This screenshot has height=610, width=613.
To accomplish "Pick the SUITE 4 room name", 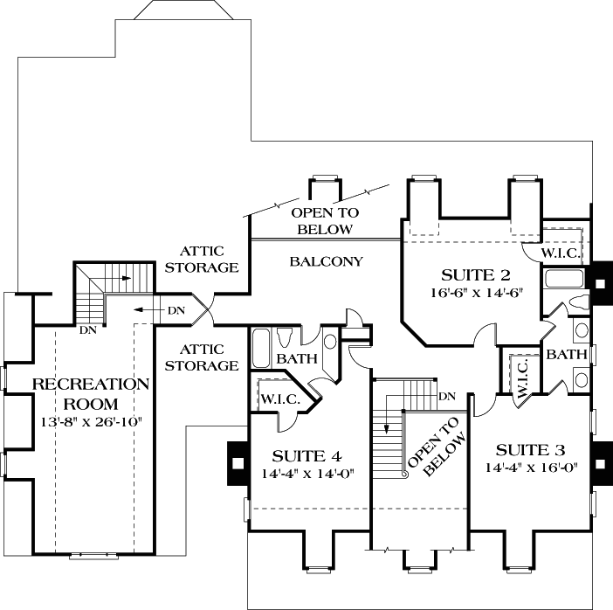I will coord(306,456).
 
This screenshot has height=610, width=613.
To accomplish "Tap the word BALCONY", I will coord(327,261).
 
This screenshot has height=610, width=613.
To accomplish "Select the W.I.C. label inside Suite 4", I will coord(280,399).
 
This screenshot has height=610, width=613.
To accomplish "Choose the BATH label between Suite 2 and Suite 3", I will coord(566,355).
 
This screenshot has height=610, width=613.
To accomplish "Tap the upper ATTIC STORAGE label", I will coord(204,259).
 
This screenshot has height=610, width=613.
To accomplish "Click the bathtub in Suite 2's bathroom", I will coord(565,281).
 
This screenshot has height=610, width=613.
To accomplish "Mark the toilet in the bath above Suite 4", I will coord(284,337).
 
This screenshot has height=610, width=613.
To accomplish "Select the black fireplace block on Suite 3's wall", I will coord(600,462).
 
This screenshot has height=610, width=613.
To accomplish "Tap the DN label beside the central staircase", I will coord(447,397).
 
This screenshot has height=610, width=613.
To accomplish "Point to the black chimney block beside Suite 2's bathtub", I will coord(601,280).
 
